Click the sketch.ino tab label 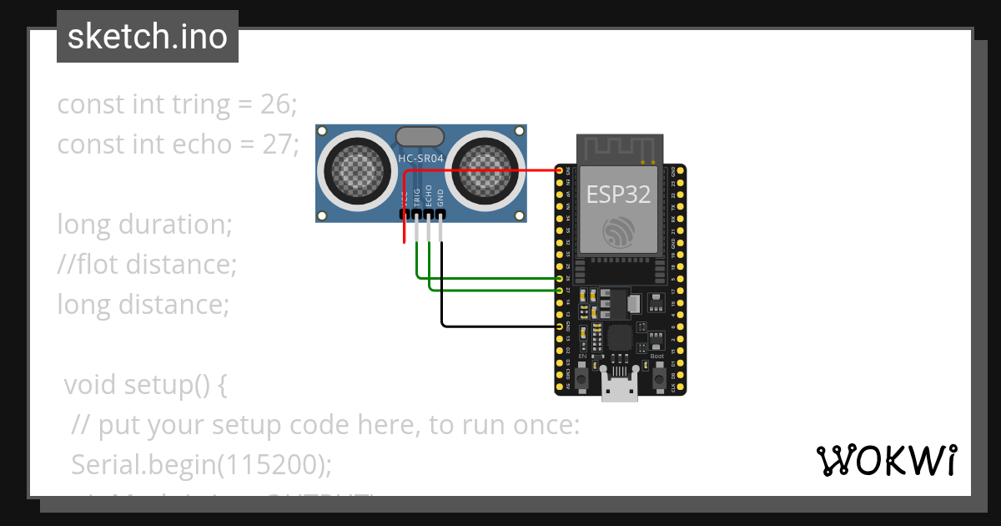click(147, 37)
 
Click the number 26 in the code click(279, 104)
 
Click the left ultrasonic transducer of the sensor click(355, 171)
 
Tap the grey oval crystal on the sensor click(420, 136)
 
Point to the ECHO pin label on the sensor click(429, 195)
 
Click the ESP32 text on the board click(618, 194)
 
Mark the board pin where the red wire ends click(560, 169)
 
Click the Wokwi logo click(886, 460)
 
